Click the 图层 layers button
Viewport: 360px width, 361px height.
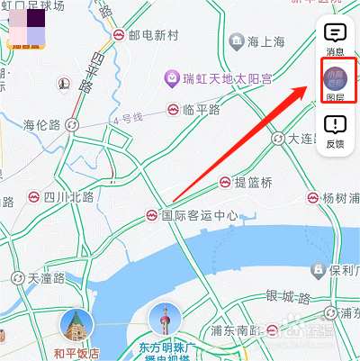click(335, 82)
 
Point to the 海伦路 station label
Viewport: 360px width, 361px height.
click(41, 124)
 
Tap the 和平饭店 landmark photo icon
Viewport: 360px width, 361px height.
click(76, 326)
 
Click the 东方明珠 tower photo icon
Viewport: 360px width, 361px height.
click(166, 320)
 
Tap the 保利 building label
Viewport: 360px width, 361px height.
click(340, 269)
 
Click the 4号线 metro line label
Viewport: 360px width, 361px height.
click(130, 119)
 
